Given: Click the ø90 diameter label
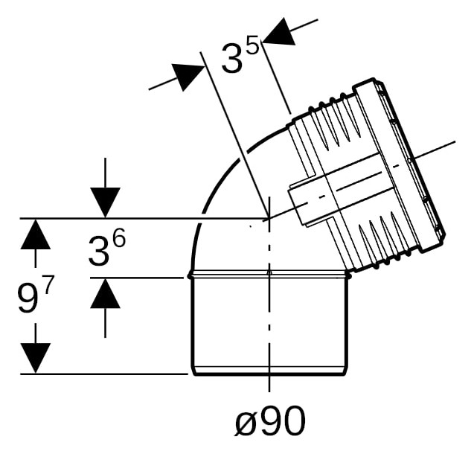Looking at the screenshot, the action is coord(270,421).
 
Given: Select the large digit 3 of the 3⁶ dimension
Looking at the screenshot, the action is coord(98,251).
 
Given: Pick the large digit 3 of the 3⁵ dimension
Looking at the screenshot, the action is coord(232,58).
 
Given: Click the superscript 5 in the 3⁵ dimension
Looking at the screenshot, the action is coord(253,44).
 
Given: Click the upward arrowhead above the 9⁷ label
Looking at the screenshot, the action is coord(36,234).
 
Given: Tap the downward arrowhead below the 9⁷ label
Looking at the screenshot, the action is coord(36,358).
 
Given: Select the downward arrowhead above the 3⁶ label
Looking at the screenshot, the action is coord(105,202).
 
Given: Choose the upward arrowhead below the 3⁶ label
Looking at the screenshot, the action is coord(105,293).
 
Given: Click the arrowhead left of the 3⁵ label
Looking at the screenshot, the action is coord(188,76).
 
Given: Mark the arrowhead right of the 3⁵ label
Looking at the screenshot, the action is coord(279,32).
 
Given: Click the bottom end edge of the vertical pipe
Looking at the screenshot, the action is coord(269,374).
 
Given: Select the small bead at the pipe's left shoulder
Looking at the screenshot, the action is coord(190,276).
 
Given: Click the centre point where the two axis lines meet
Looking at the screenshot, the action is coord(269,218).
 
